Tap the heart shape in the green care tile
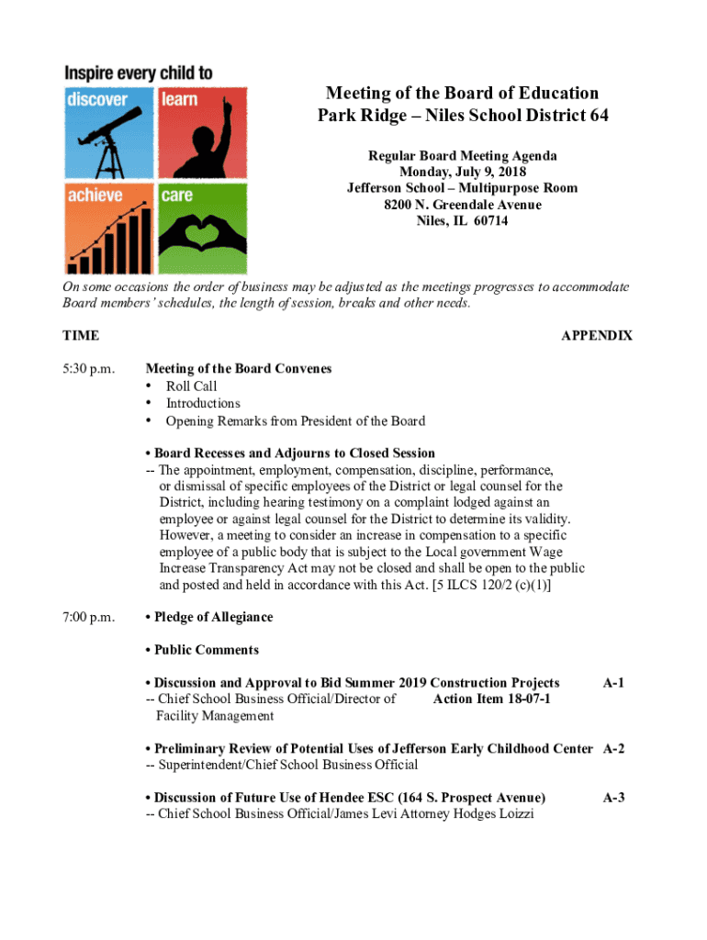pyautogui.click(x=201, y=234)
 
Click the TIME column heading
pyautogui.click(x=81, y=336)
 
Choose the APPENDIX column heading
pyautogui.click(x=597, y=336)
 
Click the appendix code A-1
pyautogui.click(x=613, y=683)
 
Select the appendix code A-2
pyautogui.click(x=613, y=748)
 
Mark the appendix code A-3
pyautogui.click(x=613, y=798)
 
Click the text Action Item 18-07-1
pyautogui.click(x=491, y=699)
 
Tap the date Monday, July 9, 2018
pyautogui.click(x=463, y=172)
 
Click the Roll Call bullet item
pyautogui.click(x=191, y=386)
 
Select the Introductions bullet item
pyautogui.click(x=203, y=403)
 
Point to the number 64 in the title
pyautogui.click(x=597, y=117)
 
